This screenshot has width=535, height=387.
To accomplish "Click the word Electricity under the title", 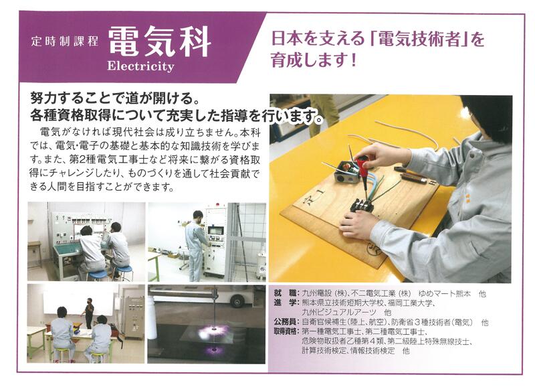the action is click(x=140, y=66).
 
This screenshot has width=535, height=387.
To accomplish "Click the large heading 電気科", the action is click(x=160, y=42).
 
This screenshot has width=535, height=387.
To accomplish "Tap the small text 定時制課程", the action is click(x=64, y=42).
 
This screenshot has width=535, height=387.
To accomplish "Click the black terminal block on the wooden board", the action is click(x=362, y=206).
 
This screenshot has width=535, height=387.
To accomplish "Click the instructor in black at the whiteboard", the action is click(x=89, y=312).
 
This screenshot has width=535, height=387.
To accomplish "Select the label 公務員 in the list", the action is click(x=285, y=322).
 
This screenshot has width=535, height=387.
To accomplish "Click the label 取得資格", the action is click(x=286, y=331).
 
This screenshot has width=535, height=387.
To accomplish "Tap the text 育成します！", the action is click(x=314, y=60).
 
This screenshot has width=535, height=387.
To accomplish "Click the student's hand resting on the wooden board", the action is click(x=356, y=225).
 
